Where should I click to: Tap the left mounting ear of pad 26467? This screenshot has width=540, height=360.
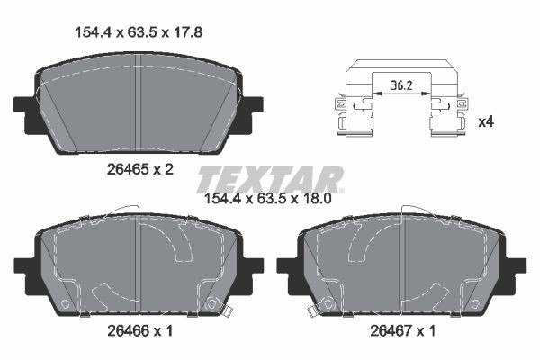click(286, 266)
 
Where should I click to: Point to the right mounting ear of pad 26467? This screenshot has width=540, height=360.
click(517, 266)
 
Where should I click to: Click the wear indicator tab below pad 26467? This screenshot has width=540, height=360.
click(313, 311)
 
